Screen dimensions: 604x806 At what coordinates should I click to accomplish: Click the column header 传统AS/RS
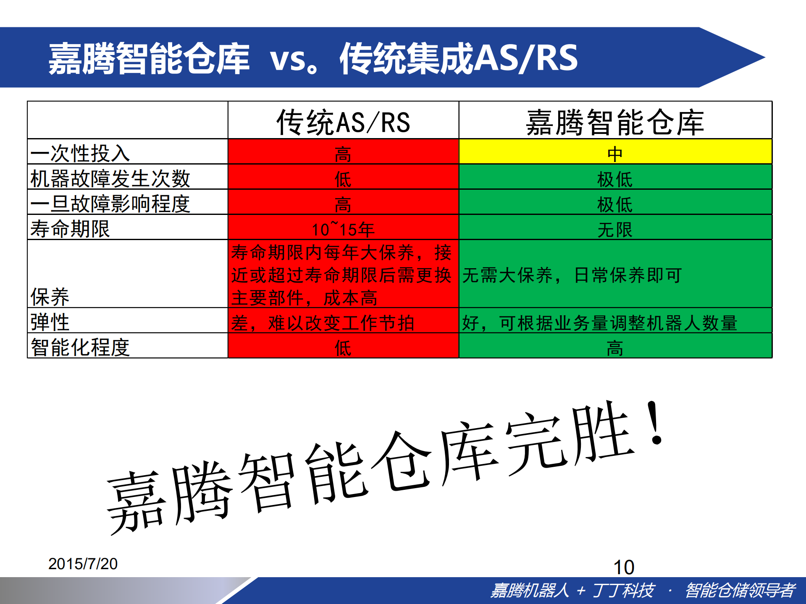(x=343, y=122)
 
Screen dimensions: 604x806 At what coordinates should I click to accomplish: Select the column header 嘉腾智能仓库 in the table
(x=614, y=122)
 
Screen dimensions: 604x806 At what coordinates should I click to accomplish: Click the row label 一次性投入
(x=80, y=153)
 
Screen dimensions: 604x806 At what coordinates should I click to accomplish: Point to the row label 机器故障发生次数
(x=110, y=178)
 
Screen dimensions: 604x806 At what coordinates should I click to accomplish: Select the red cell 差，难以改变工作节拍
(x=323, y=323)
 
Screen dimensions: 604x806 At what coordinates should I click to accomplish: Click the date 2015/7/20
(x=83, y=564)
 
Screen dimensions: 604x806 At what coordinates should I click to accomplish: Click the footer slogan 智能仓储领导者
(x=740, y=590)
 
